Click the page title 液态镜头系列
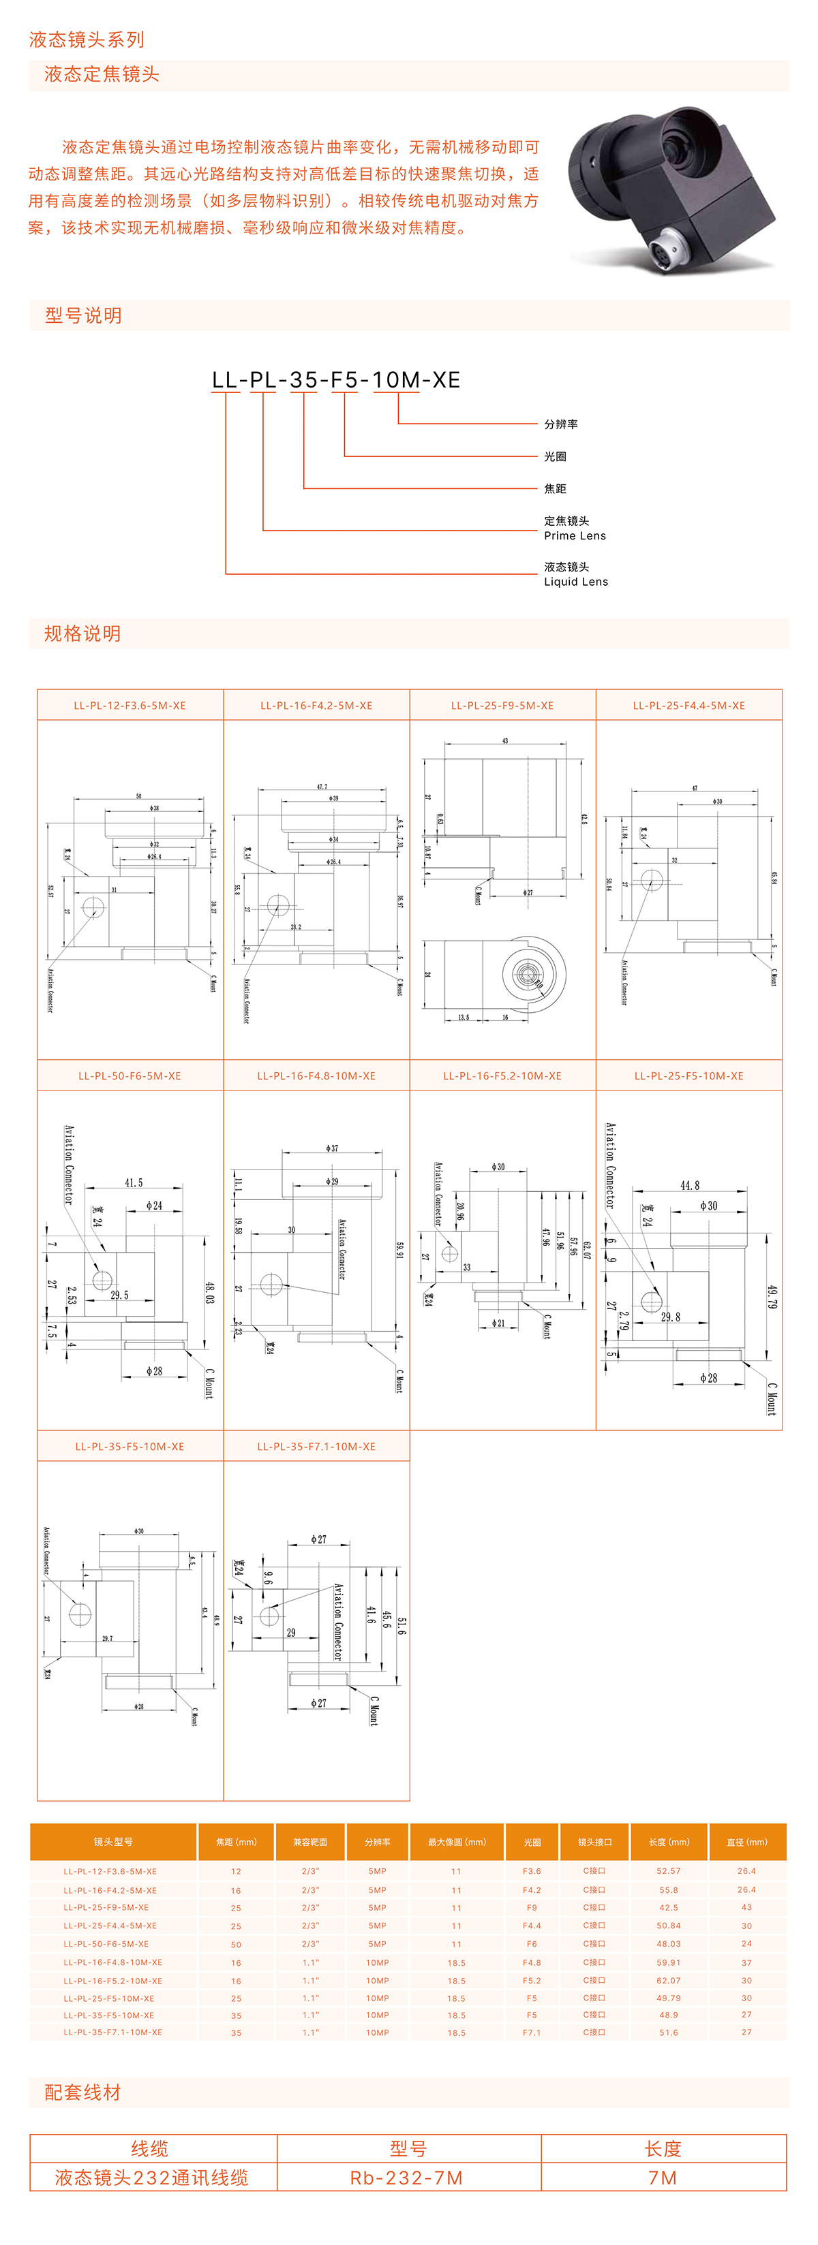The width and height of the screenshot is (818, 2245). pos(87,40)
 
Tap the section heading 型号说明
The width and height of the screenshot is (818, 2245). pos(83,315)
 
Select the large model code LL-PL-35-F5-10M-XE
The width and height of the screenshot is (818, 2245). pos(336,380)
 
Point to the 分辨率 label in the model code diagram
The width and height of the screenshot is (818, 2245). pos(561,424)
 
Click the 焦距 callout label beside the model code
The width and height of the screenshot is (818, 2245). pos(555,489)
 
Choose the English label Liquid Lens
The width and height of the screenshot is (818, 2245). pos(575,581)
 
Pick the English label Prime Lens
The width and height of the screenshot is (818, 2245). pos(575,536)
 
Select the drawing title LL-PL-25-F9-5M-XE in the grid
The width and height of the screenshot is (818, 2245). pos(502,706)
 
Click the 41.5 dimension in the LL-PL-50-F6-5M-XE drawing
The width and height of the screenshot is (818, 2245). pos(134,1182)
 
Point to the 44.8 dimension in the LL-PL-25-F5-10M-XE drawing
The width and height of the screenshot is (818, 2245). pos(689,1185)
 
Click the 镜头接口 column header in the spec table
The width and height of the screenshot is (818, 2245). pos(594,1842)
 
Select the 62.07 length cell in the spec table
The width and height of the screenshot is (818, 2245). pos(668,1980)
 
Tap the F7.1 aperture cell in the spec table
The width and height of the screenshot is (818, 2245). pos(531,2032)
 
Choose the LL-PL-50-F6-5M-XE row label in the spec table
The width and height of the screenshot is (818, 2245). pos(106,1943)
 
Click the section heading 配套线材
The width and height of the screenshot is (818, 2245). pos(83,2092)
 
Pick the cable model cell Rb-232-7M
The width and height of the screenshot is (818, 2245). pos(406,2178)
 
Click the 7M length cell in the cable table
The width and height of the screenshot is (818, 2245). pos(663,2178)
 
